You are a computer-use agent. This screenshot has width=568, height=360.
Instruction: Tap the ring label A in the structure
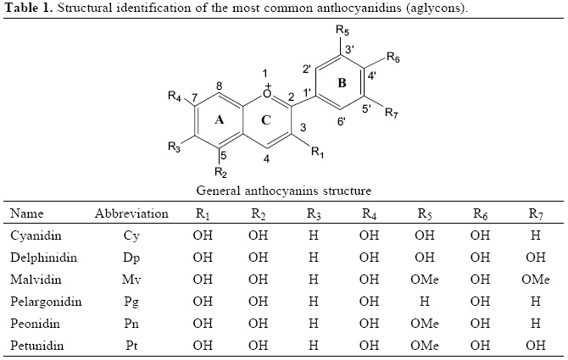(x=220, y=119)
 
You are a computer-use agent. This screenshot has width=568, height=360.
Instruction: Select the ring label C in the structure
(x=265, y=120)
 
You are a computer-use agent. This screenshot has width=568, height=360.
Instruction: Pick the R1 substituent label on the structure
(x=317, y=153)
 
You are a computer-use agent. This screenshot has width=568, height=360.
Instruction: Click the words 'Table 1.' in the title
(x=28, y=8)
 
